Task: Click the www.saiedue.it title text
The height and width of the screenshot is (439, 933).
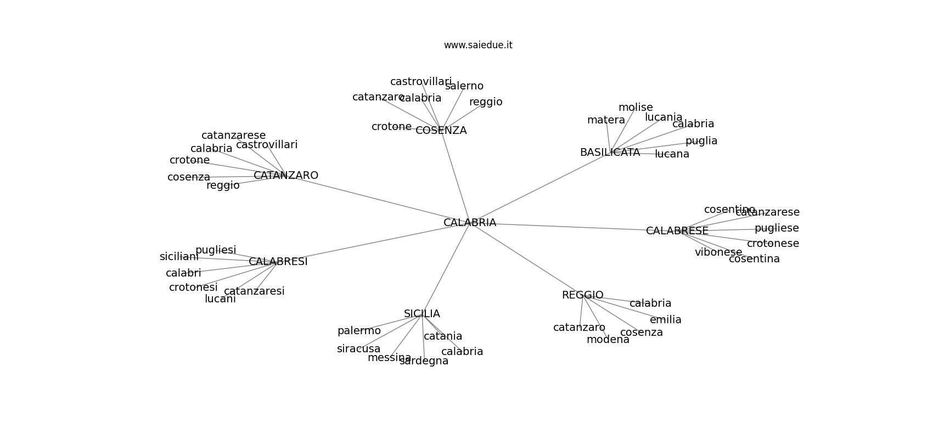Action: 478,45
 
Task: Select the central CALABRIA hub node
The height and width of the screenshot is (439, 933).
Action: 470,222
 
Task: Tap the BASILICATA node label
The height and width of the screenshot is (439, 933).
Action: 610,153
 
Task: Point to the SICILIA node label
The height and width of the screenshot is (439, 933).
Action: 422,314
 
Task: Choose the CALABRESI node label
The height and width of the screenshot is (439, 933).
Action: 278,262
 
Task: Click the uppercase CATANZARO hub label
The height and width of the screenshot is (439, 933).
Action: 286,176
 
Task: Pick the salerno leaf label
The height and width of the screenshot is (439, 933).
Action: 464,86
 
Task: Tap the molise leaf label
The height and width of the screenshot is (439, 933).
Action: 636,108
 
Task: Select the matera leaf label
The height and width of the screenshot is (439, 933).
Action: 606,120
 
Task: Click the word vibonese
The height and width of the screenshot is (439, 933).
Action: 718,252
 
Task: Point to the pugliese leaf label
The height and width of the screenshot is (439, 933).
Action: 777,228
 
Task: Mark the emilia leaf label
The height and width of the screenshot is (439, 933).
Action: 666,320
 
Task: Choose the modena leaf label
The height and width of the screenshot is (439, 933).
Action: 608,340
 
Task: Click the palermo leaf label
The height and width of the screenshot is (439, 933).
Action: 359,331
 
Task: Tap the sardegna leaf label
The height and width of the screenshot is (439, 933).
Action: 424,361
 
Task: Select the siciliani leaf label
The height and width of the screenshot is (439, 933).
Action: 179,257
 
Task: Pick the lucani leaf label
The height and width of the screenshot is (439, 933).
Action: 220,299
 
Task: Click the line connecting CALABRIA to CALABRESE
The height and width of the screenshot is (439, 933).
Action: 574,227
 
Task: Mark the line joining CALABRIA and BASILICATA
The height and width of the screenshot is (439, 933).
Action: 540,188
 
